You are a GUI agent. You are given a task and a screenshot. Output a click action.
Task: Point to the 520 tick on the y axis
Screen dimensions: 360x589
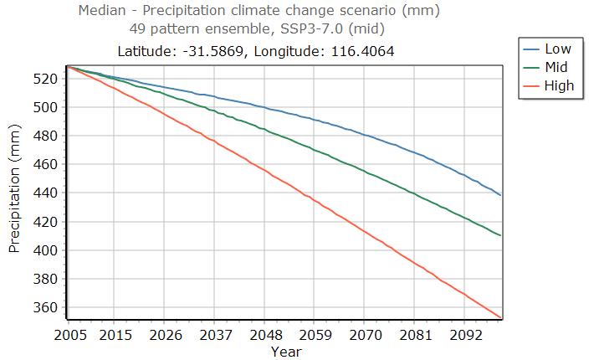[x=45, y=79]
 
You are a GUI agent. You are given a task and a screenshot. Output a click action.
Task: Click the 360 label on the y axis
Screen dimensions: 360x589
[x=45, y=307]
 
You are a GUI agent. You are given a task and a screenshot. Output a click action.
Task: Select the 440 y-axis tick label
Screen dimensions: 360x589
[x=45, y=193]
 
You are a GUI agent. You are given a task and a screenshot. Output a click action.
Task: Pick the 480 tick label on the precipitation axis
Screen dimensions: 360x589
[x=45, y=136]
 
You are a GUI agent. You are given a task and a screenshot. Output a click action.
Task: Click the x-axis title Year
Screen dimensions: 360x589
[x=285, y=352]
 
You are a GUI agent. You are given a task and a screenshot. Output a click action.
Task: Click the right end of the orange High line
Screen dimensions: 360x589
[x=500, y=317]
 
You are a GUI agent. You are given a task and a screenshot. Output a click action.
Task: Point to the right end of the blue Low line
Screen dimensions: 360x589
[x=500, y=195]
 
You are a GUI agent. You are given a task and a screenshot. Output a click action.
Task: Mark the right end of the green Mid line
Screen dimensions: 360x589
[x=500, y=235]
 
